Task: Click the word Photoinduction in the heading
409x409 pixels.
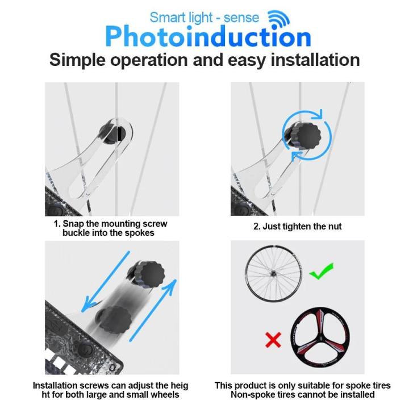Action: click(208, 36)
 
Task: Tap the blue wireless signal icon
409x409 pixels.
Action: click(279, 19)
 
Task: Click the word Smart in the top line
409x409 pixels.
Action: click(166, 18)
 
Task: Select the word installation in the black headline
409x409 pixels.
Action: click(315, 60)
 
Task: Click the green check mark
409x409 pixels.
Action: click(322, 272)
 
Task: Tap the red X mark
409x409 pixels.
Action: click(273, 340)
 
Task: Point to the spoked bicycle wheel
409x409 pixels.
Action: click(274, 274)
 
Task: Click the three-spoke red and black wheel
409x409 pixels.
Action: click(320, 337)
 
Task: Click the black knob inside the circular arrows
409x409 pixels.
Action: click(308, 136)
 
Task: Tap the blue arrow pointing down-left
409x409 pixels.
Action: click(106, 282)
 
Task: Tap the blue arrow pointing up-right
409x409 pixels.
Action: click(153, 310)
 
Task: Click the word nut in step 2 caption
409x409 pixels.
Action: click(335, 227)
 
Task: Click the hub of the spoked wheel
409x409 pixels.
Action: click(274, 274)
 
